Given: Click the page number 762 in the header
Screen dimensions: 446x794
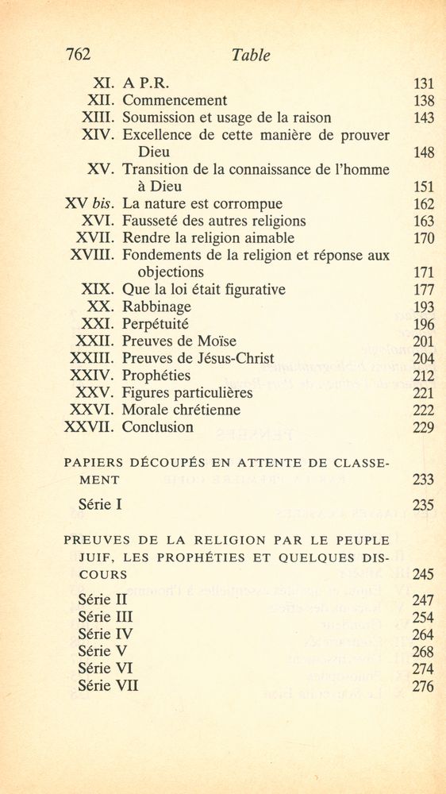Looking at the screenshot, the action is [78, 54].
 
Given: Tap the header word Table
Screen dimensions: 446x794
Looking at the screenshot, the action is [251, 55].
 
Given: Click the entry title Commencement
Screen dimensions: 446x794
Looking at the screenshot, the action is [175, 100].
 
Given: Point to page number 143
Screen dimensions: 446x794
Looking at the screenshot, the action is [424, 118].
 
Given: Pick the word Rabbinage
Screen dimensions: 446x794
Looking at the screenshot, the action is [156, 306].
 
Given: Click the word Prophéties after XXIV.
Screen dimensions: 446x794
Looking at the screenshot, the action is [156, 375].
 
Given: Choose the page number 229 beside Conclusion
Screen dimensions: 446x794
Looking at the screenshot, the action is [424, 427].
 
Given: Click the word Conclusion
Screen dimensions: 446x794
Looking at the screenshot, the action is [158, 427].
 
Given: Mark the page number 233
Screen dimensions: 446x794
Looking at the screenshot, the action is [424, 480].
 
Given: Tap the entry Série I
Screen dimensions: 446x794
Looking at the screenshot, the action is [100, 503].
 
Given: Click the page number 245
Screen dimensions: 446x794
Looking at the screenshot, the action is [424, 574].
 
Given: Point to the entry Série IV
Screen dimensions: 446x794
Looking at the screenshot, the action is [106, 634].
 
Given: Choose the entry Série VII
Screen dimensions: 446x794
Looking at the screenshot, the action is [108, 686].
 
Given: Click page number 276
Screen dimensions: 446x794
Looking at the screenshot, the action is [424, 686].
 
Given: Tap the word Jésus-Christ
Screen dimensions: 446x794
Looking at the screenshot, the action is [233, 358].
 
